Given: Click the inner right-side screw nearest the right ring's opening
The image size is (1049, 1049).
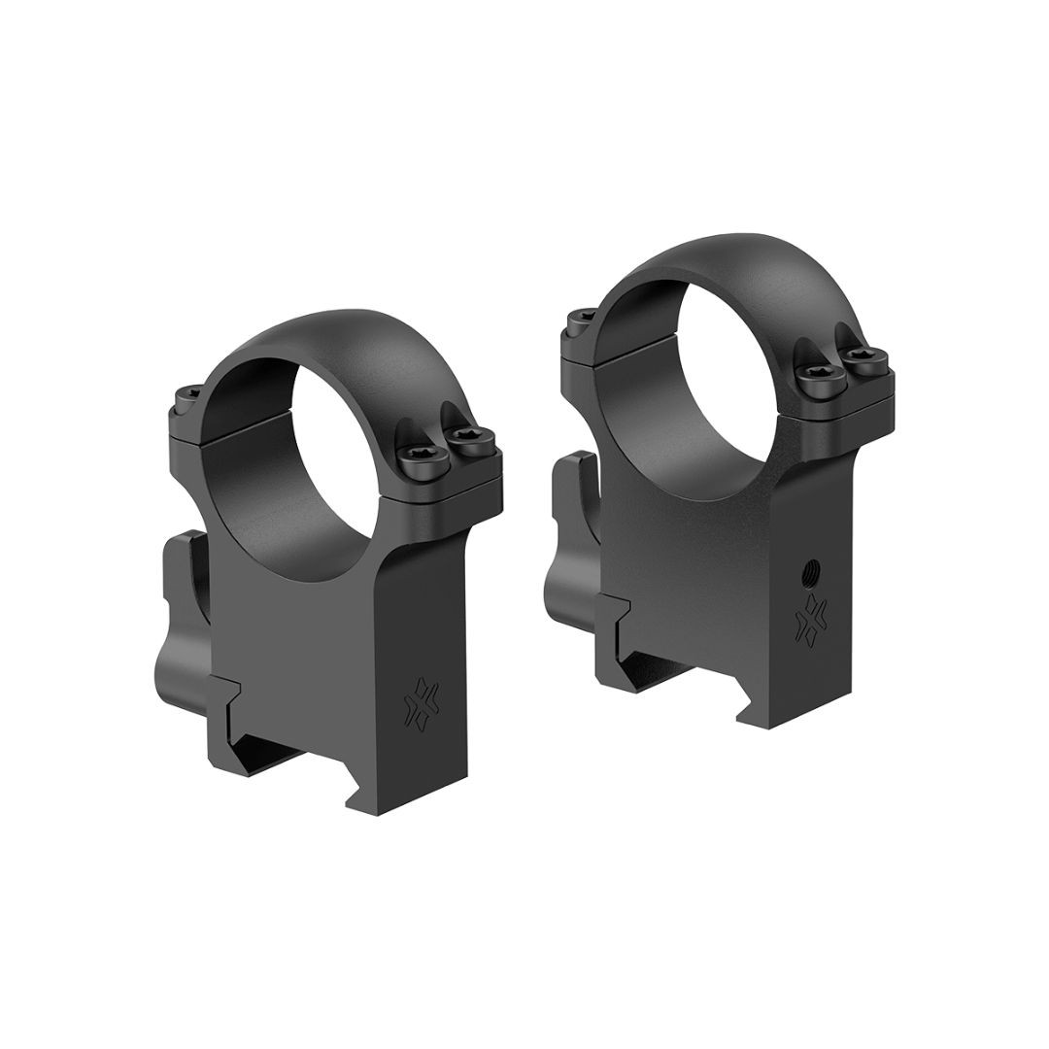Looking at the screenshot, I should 816,380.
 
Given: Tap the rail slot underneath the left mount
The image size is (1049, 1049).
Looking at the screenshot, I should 291,767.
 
